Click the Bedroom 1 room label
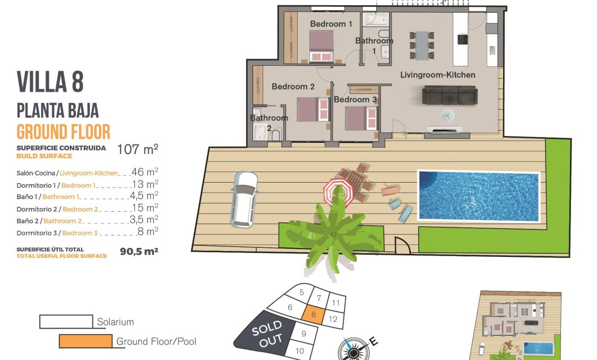[x=331, y=24]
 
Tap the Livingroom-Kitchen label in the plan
[x=437, y=75]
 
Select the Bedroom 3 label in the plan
[x=355, y=99]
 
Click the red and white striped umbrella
[x=339, y=192]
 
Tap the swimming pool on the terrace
[x=478, y=195]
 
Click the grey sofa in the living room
[x=449, y=96]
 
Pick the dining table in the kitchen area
[x=422, y=45]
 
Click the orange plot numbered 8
[x=314, y=314]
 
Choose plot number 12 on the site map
[x=333, y=319]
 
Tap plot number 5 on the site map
[x=301, y=292]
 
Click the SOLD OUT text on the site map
[x=267, y=335]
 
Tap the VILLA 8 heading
[x=50, y=82]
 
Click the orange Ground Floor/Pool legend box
[x=85, y=341]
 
